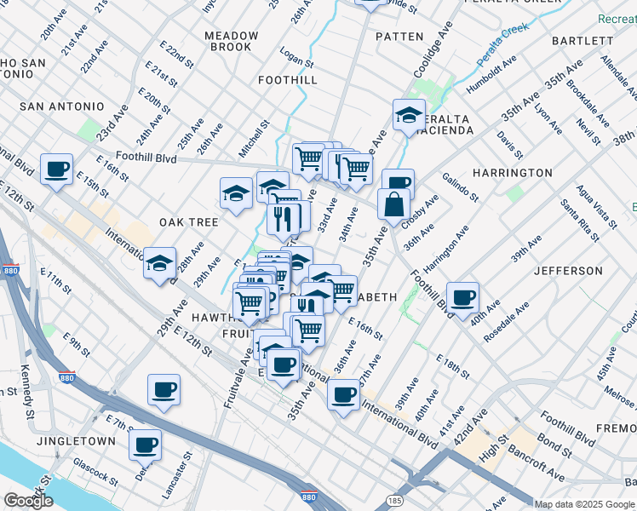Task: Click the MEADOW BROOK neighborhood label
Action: tap(232, 41)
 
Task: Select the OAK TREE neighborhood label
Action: tap(189, 221)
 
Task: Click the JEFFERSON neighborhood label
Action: tap(568, 271)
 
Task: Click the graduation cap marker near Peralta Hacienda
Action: tap(409, 116)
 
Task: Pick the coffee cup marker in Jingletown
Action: tap(146, 444)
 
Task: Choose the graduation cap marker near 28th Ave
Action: tap(159, 264)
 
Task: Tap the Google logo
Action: tap(29, 501)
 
